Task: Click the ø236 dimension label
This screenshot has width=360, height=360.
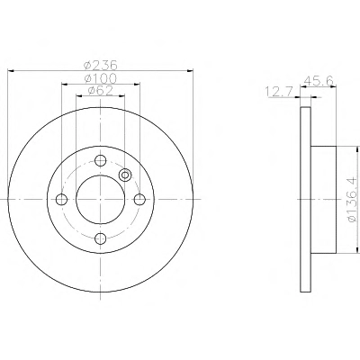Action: [101, 65]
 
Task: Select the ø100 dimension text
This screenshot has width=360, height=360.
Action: [100, 78]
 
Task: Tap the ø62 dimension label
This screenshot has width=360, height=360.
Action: [100, 90]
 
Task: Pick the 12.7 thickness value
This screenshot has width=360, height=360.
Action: [278, 92]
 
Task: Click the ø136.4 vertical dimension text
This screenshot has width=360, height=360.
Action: [352, 199]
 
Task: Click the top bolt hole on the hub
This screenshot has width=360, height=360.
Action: [101, 160]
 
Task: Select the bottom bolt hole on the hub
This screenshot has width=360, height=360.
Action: [101, 238]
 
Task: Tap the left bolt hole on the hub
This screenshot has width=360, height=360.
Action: [61, 199]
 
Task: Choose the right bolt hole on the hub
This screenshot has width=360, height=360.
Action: [139, 199]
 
